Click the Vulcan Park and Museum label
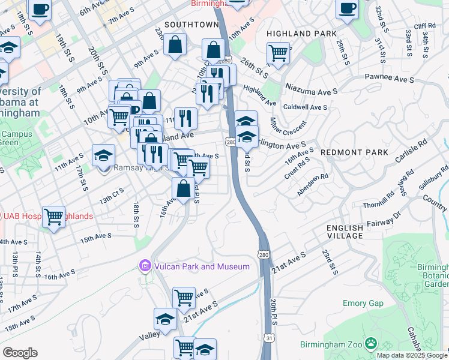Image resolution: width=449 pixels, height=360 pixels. coord(202,266)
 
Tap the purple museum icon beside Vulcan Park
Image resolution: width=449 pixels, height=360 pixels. coord(145,266)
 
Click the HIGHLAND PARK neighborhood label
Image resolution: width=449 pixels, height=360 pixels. coord(302,34)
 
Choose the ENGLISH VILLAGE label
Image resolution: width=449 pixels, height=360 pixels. coord(345,232)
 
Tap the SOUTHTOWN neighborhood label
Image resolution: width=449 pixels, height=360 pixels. coord(191,25)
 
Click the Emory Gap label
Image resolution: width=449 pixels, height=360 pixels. coord(363,303)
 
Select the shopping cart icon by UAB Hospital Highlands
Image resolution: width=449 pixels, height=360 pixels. coord(54,217)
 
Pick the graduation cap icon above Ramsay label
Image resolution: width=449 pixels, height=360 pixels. coord(104,155)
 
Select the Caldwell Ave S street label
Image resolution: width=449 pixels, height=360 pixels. coord(306,107)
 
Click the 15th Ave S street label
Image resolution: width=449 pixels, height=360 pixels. coord(97,238)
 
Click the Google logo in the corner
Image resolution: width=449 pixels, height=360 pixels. coord(20,353)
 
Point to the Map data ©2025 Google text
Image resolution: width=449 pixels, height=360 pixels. coord(412,355)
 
